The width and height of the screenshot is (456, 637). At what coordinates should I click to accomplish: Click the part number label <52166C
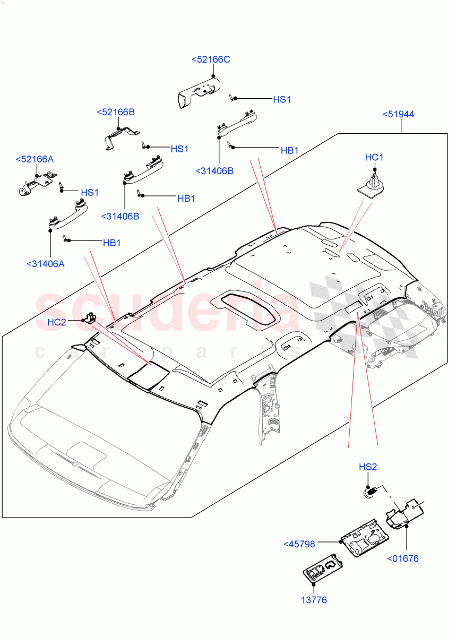pyautogui.click(x=210, y=59)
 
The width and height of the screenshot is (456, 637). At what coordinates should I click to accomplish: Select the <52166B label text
pyautogui.click(x=116, y=112)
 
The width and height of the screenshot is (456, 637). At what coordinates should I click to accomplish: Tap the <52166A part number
pyautogui.click(x=35, y=159)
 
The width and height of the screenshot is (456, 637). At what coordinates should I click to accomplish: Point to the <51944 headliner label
pyautogui.click(x=398, y=114)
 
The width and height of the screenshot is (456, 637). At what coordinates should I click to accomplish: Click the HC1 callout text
pyautogui.click(x=374, y=157)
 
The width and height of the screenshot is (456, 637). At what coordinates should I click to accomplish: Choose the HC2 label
pyautogui.click(x=56, y=322)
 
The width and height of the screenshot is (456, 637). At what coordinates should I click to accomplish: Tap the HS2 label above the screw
pyautogui.click(x=367, y=467)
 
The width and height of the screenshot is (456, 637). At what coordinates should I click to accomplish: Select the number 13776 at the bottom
pyautogui.click(x=313, y=600)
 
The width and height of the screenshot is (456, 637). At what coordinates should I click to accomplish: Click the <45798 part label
pyautogui.click(x=299, y=544)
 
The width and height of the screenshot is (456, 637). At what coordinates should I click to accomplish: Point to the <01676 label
pyautogui.click(x=403, y=558)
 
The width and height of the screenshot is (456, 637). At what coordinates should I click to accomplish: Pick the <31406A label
pyautogui.click(x=45, y=263)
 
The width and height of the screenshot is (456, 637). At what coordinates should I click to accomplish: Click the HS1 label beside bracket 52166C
pyautogui.click(x=282, y=99)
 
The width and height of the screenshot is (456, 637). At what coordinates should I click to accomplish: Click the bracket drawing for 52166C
pyautogui.click(x=198, y=93)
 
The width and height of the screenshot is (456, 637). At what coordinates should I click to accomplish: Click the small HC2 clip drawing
pyautogui.click(x=90, y=318)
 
